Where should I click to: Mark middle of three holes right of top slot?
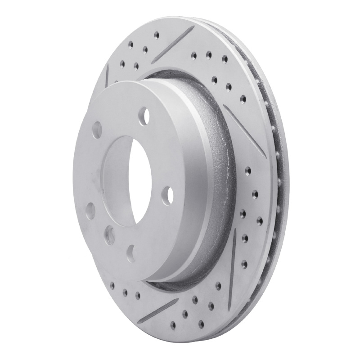(208, 54)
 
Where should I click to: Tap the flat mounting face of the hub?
(90, 171)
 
